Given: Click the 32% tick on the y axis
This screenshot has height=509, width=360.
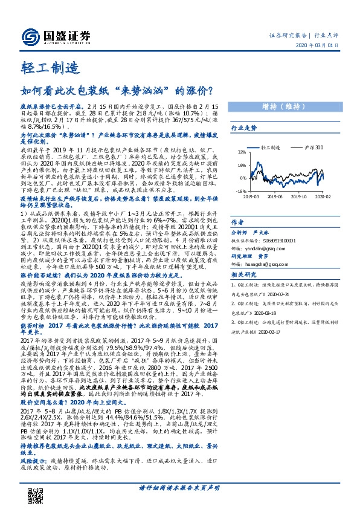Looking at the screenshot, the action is [x=242, y=152].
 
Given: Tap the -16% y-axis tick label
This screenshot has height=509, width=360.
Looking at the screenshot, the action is [x=241, y=190].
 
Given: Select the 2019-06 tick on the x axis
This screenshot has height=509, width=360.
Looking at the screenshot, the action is [x=277, y=196].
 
